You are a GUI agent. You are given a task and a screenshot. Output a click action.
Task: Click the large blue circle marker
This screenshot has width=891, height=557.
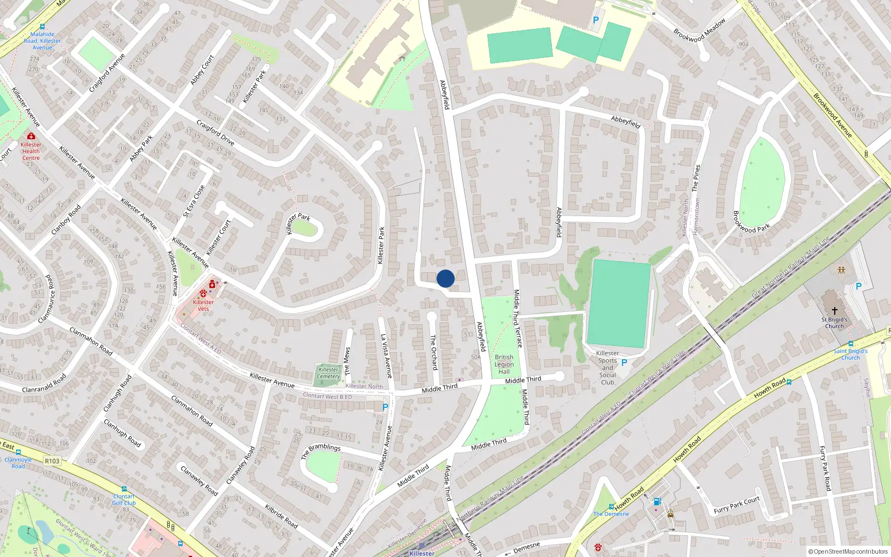[445, 278]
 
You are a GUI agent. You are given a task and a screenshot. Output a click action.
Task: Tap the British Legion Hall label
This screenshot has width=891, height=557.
[504, 365]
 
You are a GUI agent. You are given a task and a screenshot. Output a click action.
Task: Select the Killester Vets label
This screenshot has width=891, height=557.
[203, 305]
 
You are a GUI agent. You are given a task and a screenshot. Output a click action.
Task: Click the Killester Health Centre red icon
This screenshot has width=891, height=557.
[31, 136]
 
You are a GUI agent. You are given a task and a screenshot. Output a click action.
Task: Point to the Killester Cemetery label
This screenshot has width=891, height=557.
[329, 373]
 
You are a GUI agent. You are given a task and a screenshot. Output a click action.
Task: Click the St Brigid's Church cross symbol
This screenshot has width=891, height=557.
[835, 310]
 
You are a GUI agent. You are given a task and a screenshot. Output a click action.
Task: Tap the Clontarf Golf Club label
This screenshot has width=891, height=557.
[124, 500]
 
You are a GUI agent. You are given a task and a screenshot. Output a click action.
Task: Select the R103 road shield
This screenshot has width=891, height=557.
[52, 461]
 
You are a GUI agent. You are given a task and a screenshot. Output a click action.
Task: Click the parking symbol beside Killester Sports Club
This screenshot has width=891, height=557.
[624, 363]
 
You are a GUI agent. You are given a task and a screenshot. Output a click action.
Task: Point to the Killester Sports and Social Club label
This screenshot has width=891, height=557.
[608, 368]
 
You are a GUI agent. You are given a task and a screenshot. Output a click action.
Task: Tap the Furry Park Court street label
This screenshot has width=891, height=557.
[737, 505]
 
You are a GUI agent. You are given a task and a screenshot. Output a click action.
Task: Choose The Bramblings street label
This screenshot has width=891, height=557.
[321, 451]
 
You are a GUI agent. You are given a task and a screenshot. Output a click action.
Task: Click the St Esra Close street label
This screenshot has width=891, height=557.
[194, 201]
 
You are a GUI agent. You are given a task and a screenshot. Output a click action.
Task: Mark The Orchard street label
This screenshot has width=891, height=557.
[433, 352]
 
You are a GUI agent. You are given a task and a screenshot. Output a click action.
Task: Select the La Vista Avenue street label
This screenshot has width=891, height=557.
[386, 356]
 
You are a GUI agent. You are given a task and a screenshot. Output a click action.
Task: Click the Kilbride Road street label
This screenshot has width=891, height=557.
[281, 516]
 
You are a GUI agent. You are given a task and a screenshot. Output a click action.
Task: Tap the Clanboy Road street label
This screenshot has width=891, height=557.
[66, 219]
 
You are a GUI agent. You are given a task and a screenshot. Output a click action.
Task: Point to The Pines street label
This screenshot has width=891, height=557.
[696, 178]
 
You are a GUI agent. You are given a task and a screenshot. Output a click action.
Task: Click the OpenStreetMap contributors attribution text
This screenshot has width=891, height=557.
[848, 552]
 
